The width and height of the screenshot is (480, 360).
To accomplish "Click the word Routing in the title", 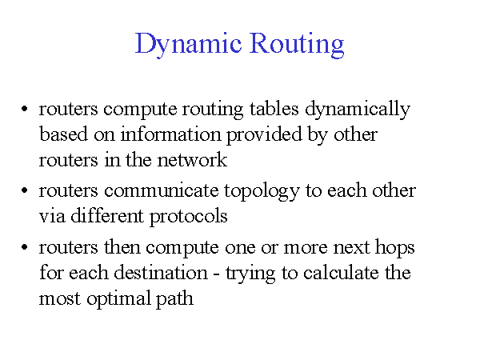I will coord(298,43).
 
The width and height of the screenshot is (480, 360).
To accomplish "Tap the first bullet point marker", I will coord(25,110).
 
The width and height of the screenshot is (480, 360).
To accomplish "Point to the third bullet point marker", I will coord(25,249).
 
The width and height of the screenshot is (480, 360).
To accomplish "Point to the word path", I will coord(176,300).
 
